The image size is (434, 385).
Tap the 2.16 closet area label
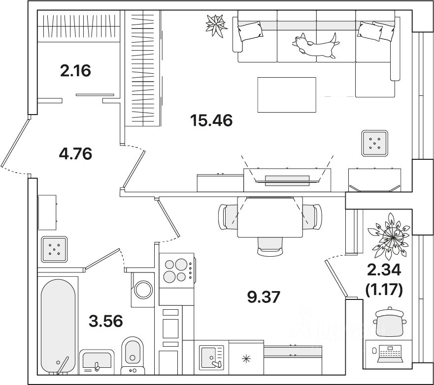[x=75, y=71]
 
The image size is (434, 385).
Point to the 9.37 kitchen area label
[x=266, y=296]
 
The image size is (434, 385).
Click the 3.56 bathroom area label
[x=105, y=321]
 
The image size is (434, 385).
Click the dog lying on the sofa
[x=315, y=45]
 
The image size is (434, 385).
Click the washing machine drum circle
[x=144, y=289]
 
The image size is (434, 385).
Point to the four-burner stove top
[x=176, y=270]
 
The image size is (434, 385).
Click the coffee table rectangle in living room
[x=286, y=94]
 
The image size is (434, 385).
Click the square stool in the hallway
[x=54, y=248]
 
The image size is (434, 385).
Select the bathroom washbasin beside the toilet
[x=97, y=361]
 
